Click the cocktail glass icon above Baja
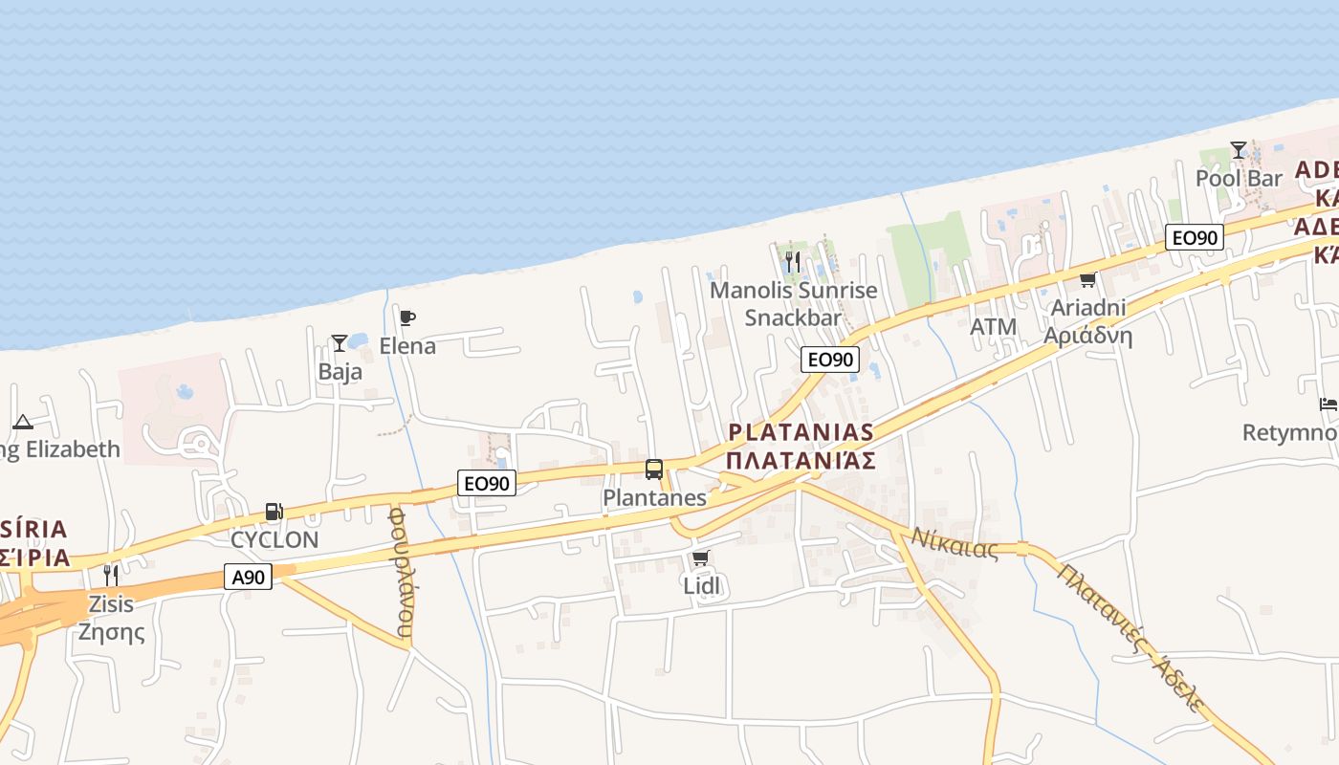(x=339, y=342)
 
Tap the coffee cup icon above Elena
(x=407, y=317)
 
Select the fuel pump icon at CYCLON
(x=274, y=512)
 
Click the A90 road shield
(x=249, y=577)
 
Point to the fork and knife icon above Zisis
(x=111, y=575)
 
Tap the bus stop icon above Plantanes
(x=654, y=470)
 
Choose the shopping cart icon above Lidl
(x=700, y=557)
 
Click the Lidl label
(x=701, y=585)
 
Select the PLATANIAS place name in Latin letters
(x=801, y=432)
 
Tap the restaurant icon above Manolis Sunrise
(x=792, y=261)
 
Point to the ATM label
(x=993, y=327)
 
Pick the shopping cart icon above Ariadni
(x=1087, y=280)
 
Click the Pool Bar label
(x=1239, y=179)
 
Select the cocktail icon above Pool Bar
(x=1239, y=150)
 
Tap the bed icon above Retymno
(x=1328, y=404)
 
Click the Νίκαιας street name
(x=954, y=543)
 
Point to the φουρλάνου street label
(x=403, y=572)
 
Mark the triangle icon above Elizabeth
(x=23, y=422)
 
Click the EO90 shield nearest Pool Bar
(x=1195, y=237)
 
